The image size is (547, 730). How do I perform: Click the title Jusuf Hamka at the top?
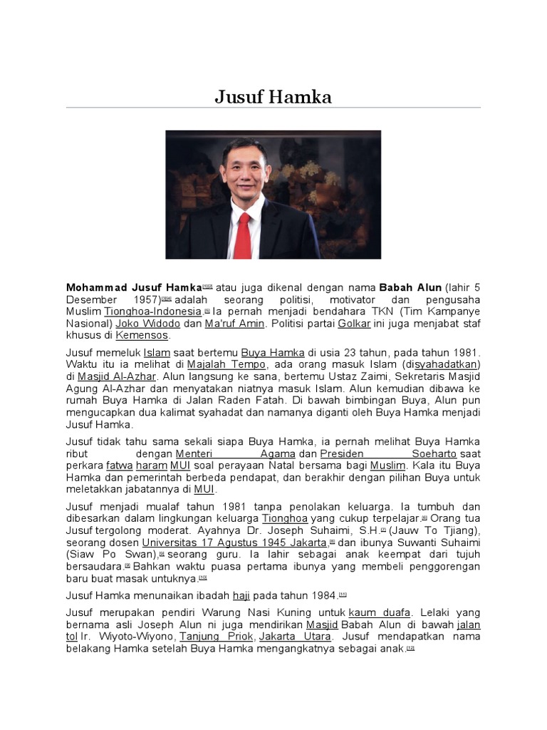tap(273, 97)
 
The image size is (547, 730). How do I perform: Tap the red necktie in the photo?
tap(243, 235)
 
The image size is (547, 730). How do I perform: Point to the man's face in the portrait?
tap(244, 175)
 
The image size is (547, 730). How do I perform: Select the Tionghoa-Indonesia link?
tap(152, 312)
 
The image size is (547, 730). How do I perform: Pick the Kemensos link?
tap(142, 334)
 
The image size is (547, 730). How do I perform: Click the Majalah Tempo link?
tap(222, 364)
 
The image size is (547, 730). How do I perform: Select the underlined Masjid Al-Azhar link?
tap(116, 376)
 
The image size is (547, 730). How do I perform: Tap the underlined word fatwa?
tap(120, 466)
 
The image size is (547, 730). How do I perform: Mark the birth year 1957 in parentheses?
tap(143, 299)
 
